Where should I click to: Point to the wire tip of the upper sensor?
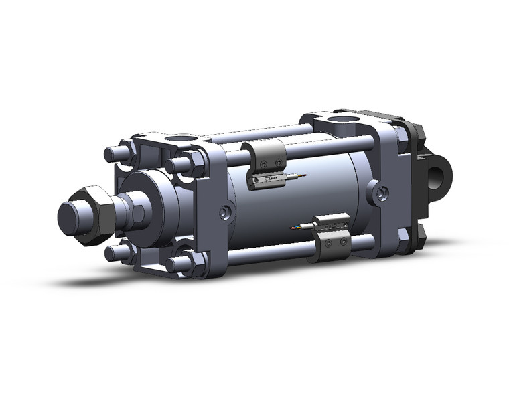(x=303, y=175)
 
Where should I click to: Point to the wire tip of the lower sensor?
(x=292, y=228)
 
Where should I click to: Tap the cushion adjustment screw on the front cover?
(x=226, y=213)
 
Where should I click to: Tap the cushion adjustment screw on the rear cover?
(x=381, y=194)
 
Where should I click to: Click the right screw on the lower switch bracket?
(x=344, y=240)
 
